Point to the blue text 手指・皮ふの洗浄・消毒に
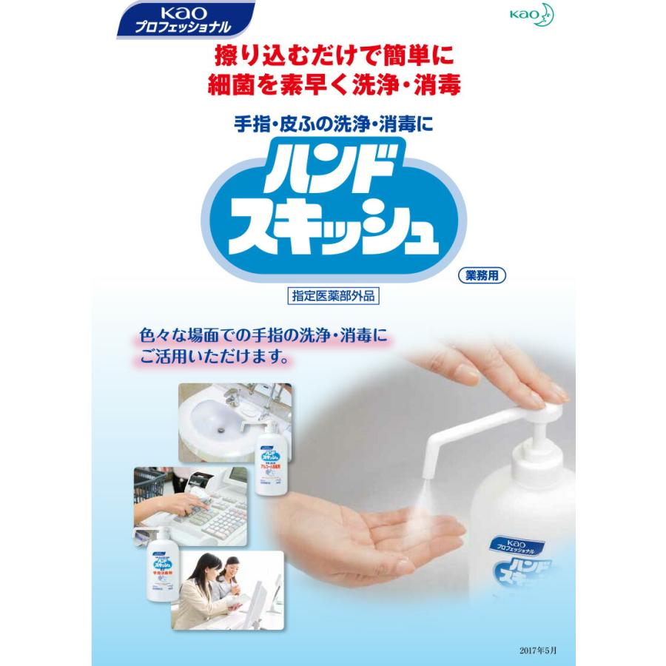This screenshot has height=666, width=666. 332,124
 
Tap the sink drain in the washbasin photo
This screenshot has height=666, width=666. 219,428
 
